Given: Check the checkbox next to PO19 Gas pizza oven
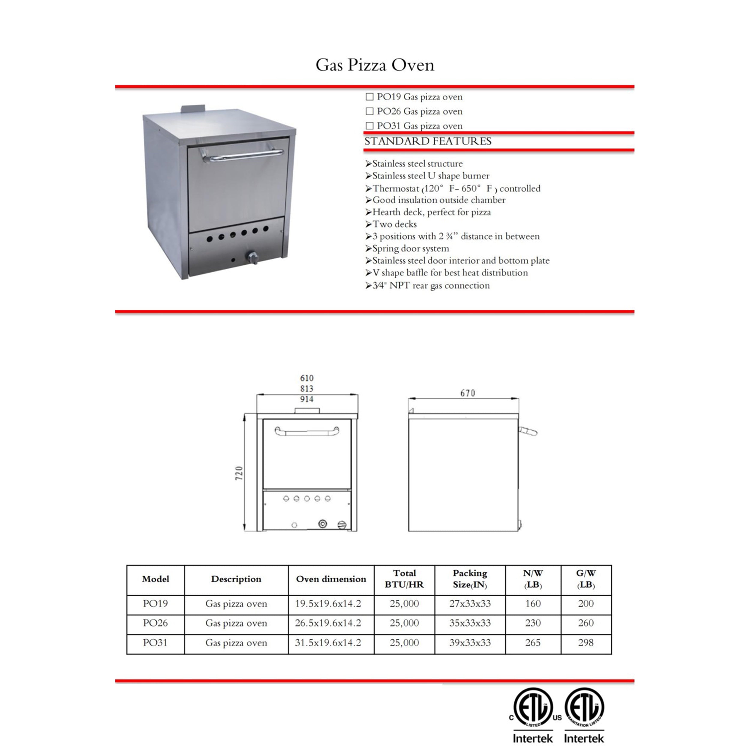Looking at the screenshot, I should point(370,97).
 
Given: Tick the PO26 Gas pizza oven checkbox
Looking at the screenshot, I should point(370,111).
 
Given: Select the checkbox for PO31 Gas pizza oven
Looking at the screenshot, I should point(370,126).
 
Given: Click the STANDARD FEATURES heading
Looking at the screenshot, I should point(428,141).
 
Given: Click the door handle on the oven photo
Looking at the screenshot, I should point(243,155).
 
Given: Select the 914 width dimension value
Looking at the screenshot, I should point(307,399).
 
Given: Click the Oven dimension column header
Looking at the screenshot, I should point(331,579).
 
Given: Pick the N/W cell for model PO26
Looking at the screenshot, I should point(533,623).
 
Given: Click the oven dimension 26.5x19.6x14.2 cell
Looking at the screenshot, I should point(328,623).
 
